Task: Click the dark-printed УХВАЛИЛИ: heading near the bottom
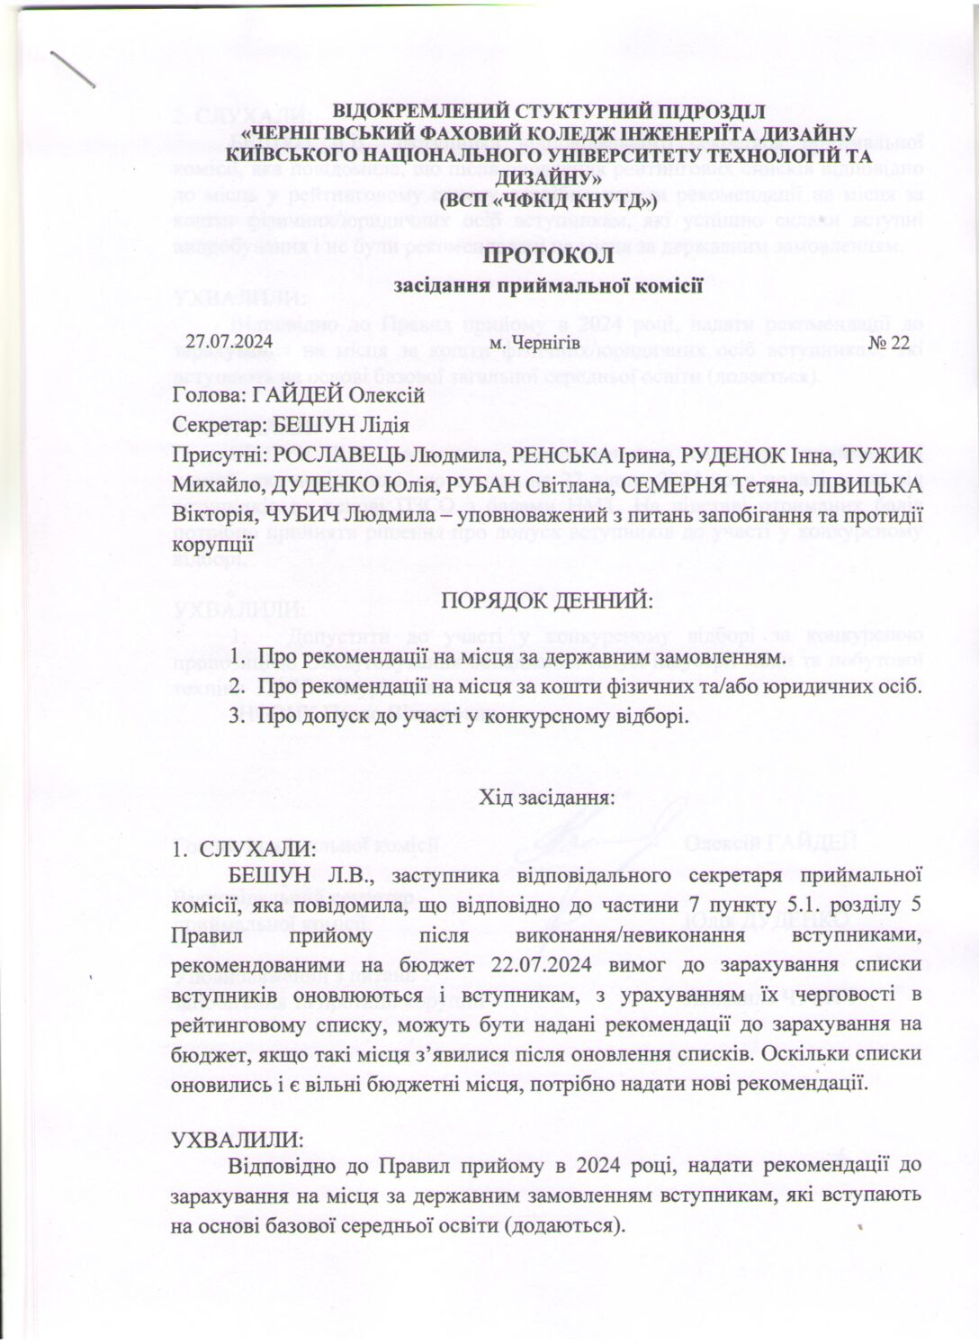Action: click(x=238, y=1138)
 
